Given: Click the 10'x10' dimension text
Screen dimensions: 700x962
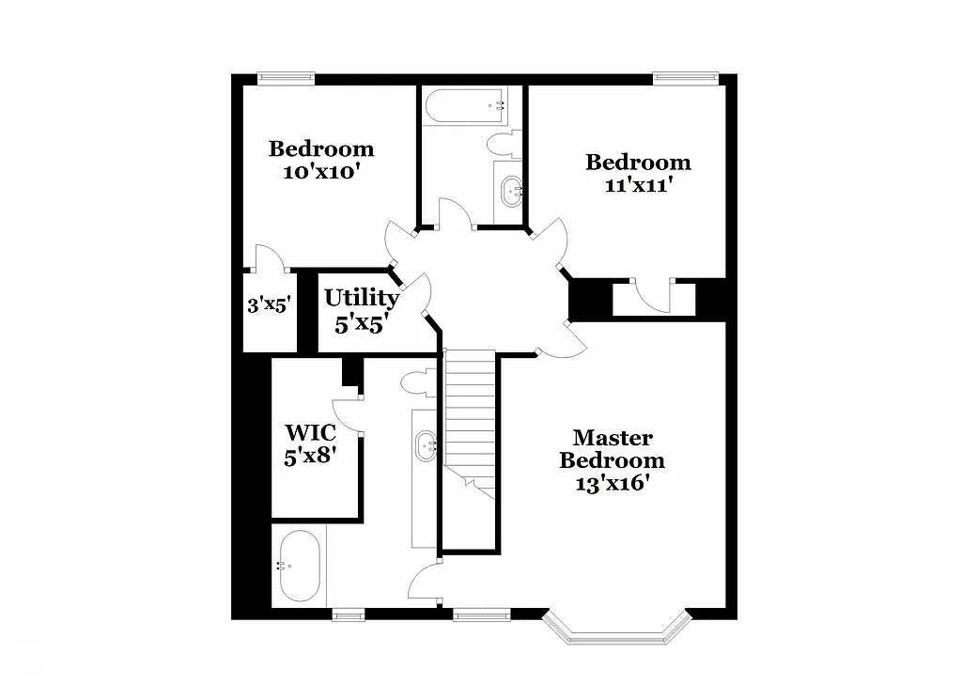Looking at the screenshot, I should (321, 172).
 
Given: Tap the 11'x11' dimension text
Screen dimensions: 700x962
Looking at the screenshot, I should (638, 185).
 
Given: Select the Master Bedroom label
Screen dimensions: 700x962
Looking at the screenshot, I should (613, 449).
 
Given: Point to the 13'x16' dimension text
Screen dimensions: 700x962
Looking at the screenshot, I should (613, 484).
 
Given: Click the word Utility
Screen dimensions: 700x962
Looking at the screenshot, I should (361, 299).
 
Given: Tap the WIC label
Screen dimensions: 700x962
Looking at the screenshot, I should (311, 433).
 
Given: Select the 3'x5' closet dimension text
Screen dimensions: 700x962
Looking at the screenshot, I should (271, 304).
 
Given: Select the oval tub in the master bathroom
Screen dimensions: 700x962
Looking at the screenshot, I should (300, 567).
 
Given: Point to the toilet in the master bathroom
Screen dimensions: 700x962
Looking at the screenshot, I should (414, 382).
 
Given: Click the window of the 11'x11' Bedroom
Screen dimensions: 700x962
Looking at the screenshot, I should (686, 80).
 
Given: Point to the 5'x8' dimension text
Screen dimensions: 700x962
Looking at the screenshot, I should (311, 457).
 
